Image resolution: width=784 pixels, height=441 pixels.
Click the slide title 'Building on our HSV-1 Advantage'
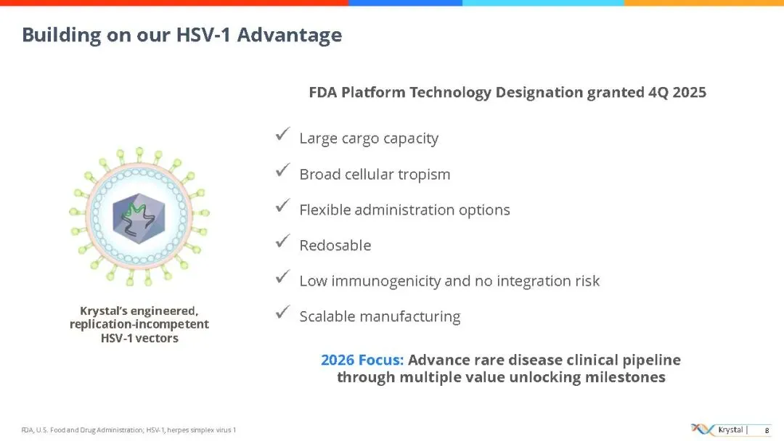(x=182, y=35)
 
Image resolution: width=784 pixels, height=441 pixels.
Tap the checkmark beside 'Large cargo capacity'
(x=282, y=134)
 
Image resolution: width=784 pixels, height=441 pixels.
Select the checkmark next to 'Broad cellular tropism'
(x=282, y=170)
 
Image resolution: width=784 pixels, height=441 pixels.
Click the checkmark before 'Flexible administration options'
(x=282, y=206)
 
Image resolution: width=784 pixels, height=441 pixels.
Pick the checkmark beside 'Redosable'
(x=282, y=242)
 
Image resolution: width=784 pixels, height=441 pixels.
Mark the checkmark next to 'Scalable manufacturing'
(x=282, y=313)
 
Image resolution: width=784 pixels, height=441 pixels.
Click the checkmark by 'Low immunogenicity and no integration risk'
(x=282, y=277)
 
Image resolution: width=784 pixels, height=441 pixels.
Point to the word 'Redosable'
(x=335, y=245)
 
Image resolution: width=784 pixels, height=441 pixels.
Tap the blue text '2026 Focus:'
(x=362, y=360)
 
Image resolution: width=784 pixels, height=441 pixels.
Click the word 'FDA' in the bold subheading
(x=322, y=92)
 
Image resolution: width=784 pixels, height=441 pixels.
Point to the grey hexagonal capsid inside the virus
(x=139, y=218)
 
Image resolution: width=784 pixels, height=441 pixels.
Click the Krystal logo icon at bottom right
(x=703, y=429)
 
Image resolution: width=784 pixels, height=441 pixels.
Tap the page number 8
(x=767, y=431)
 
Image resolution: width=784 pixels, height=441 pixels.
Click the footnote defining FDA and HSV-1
(x=128, y=430)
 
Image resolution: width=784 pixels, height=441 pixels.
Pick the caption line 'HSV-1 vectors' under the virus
(x=139, y=338)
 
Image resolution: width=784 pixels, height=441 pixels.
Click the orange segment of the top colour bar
(x=704, y=3)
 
